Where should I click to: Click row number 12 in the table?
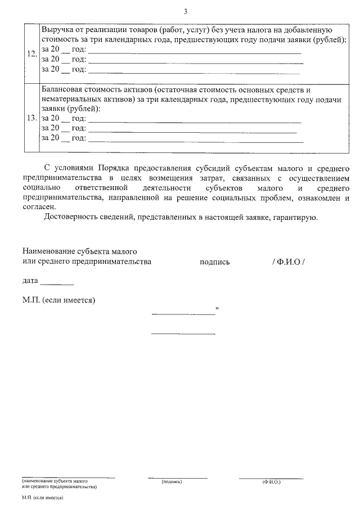[32, 55]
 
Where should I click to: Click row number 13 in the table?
[32, 118]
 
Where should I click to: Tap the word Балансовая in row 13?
[63, 89]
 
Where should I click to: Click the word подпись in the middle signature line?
[214, 262]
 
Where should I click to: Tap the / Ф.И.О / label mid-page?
[288, 262]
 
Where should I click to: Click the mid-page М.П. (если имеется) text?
[59, 300]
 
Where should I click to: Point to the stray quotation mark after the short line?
[217, 309]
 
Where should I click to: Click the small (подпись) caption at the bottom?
[171, 482]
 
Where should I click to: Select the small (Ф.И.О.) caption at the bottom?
[271, 482]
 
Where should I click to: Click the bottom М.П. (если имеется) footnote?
[42, 498]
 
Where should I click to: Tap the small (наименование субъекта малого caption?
[55, 482]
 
